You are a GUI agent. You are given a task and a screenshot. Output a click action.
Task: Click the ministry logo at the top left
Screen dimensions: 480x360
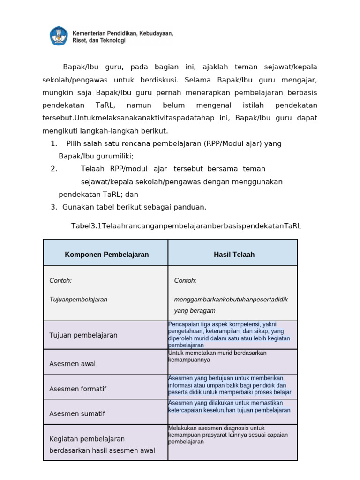59,36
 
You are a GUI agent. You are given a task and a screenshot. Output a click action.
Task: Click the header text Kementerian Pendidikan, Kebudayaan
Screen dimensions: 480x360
122,33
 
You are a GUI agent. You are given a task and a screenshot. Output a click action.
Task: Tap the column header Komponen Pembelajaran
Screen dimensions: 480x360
106,255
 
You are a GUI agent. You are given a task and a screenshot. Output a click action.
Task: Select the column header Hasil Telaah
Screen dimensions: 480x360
234,255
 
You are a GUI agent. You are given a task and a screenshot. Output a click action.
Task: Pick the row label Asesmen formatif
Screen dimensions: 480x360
78,389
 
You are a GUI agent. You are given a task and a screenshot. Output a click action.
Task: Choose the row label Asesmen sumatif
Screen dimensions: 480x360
77,413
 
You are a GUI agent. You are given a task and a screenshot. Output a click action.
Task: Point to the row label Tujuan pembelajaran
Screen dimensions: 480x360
83,335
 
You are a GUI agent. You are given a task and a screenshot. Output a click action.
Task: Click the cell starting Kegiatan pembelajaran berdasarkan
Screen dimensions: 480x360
102,444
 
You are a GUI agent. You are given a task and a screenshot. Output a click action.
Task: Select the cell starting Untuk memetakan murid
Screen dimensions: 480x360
217,356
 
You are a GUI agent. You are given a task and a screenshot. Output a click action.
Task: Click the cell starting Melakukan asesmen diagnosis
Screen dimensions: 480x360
228,435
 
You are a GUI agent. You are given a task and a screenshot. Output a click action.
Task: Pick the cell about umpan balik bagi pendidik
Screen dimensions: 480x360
229,385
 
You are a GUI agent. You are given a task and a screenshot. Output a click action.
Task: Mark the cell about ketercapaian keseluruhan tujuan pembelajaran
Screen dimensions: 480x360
229,406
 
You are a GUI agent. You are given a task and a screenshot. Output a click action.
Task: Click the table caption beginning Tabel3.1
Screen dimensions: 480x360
186,226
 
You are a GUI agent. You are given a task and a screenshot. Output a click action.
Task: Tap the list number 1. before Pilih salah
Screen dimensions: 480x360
54,143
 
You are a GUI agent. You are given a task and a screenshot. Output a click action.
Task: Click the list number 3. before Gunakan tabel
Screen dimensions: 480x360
53,207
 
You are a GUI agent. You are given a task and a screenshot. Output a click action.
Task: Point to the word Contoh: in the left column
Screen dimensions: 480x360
60,280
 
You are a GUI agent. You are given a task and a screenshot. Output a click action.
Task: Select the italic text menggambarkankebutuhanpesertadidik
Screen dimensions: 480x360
231,299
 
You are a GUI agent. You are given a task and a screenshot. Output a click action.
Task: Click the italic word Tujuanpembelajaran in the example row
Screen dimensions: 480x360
78,299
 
